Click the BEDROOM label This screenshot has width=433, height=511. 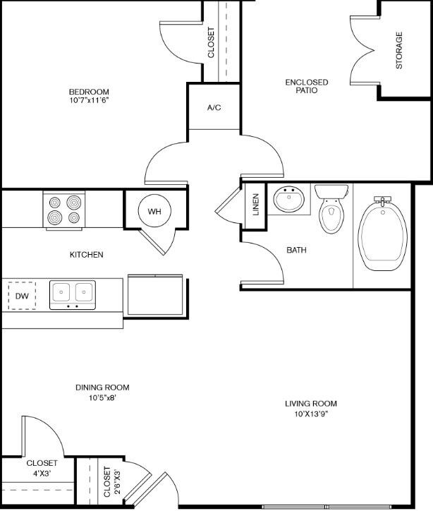click(x=89, y=92)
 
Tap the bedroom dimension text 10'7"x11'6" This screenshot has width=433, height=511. click(x=89, y=101)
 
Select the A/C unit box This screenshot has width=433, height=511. click(x=214, y=107)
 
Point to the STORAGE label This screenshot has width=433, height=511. click(x=399, y=50)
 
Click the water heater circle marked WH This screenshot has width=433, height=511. click(x=154, y=210)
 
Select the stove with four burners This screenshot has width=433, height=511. click(x=63, y=210)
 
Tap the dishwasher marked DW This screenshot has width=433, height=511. click(x=23, y=296)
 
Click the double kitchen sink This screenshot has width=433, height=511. click(x=73, y=294)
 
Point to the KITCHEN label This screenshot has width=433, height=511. click(x=87, y=255)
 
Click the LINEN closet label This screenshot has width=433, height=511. click(x=255, y=205)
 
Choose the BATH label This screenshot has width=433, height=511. click(x=296, y=251)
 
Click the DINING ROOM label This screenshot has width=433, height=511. click(x=102, y=387)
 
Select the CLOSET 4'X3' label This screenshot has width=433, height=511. click(x=42, y=468)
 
